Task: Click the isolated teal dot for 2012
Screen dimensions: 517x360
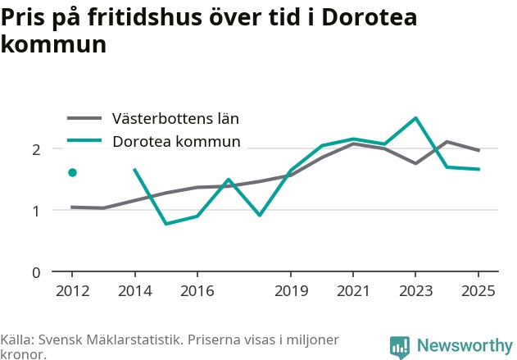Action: click(73, 172)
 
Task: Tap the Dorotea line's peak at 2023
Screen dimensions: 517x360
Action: click(415, 118)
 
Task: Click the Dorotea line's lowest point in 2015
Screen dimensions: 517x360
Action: click(166, 224)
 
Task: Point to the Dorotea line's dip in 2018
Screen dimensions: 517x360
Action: click(260, 215)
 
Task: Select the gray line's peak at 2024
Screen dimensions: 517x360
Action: click(447, 142)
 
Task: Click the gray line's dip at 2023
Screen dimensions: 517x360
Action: click(415, 163)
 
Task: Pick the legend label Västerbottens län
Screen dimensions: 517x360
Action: click(175, 118)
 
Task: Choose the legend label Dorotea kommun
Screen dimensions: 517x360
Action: click(176, 141)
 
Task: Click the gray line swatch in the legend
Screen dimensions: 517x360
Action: click(84, 118)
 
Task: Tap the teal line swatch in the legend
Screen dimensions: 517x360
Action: click(84, 140)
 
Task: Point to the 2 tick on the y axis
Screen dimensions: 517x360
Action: click(36, 150)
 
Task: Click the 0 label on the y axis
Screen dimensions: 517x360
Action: click(36, 273)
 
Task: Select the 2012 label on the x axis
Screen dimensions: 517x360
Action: click(73, 291)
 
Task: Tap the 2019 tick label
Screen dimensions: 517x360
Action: click(291, 291)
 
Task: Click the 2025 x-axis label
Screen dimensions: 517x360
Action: click(478, 291)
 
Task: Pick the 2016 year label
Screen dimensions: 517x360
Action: click(197, 291)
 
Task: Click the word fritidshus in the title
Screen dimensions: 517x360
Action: click(145, 17)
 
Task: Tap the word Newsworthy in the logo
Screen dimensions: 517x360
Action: click(465, 345)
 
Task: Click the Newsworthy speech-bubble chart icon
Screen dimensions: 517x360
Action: click(400, 348)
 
